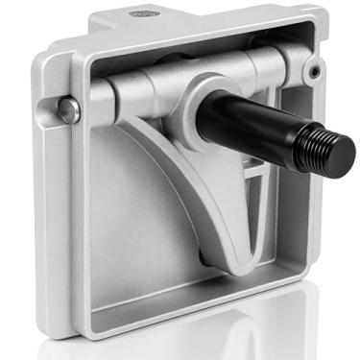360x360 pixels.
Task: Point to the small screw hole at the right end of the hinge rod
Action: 315,73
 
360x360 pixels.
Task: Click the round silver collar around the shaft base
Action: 204,101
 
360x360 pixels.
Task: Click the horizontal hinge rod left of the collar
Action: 144,86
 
